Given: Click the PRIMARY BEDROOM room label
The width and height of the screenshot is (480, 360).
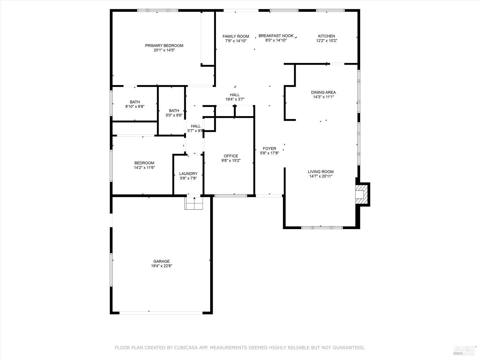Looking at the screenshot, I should coord(164,45).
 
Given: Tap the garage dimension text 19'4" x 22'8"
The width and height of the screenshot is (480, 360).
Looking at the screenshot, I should coord(162,266).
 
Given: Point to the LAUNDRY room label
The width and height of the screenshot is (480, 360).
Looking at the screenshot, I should coord(188,174).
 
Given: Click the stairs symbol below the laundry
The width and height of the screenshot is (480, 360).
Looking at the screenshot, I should coord(194,203).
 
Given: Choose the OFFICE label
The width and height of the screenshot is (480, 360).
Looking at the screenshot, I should coord(231,156).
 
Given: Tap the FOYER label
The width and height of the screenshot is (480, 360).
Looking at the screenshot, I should coord(269,148).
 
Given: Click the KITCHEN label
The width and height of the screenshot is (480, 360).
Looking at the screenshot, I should coord(326,36).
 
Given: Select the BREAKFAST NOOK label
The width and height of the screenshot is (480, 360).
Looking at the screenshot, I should coord(276,36).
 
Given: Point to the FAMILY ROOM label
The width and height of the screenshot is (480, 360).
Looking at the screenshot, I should coord(236,36).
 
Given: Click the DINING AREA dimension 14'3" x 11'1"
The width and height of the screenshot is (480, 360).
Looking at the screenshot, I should coord(323,97).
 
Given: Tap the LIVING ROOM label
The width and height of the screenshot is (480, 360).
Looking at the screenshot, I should coord(321,172).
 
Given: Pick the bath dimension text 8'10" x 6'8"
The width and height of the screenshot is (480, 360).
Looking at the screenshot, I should coord(135,107).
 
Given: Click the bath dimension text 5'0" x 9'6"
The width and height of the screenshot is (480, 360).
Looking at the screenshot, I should coord(174,115).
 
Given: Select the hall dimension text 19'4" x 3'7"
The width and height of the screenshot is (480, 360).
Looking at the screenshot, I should coord(235,99).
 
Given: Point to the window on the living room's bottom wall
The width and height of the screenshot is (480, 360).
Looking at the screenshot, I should coord(322,228).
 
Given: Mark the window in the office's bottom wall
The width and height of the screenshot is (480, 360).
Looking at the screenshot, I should coord(230,195).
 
